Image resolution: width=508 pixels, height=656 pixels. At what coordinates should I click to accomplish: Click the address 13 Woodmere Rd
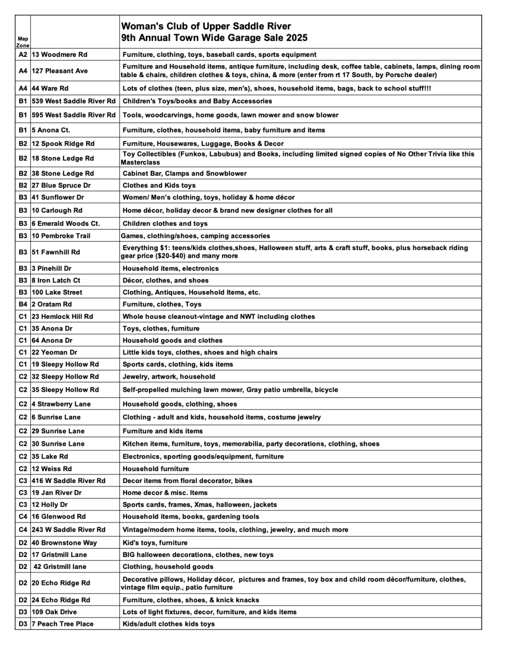[x=60, y=55]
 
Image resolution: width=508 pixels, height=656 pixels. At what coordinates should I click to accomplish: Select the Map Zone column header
[x=22, y=42]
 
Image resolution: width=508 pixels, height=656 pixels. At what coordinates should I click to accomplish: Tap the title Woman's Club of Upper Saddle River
[x=206, y=26]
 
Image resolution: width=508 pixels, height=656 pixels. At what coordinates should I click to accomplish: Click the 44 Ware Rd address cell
[x=53, y=88]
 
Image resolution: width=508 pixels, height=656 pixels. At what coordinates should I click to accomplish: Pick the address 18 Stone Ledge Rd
[x=63, y=158]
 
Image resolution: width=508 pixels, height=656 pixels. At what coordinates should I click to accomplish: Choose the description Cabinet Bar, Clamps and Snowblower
[x=185, y=173]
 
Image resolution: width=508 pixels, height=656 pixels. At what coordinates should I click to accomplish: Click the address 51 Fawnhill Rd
[x=56, y=252]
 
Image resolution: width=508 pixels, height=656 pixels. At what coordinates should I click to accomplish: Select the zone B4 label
[x=22, y=304]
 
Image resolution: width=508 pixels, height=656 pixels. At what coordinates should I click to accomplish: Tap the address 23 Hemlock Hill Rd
[x=62, y=316]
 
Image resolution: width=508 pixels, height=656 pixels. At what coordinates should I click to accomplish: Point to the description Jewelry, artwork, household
[x=169, y=376]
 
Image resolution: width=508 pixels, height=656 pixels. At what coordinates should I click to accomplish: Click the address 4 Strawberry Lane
[x=61, y=404]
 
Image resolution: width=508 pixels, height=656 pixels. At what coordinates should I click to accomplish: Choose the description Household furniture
[x=156, y=469]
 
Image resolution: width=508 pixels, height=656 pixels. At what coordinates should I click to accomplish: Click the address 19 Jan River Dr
[x=57, y=492]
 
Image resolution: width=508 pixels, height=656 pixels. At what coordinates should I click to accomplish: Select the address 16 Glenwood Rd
[x=59, y=516]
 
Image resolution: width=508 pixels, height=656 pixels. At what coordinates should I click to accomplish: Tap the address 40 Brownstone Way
[x=64, y=543]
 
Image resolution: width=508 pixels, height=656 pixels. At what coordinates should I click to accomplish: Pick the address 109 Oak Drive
[x=54, y=612]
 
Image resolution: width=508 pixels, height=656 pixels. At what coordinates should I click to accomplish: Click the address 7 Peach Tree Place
[x=62, y=624]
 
